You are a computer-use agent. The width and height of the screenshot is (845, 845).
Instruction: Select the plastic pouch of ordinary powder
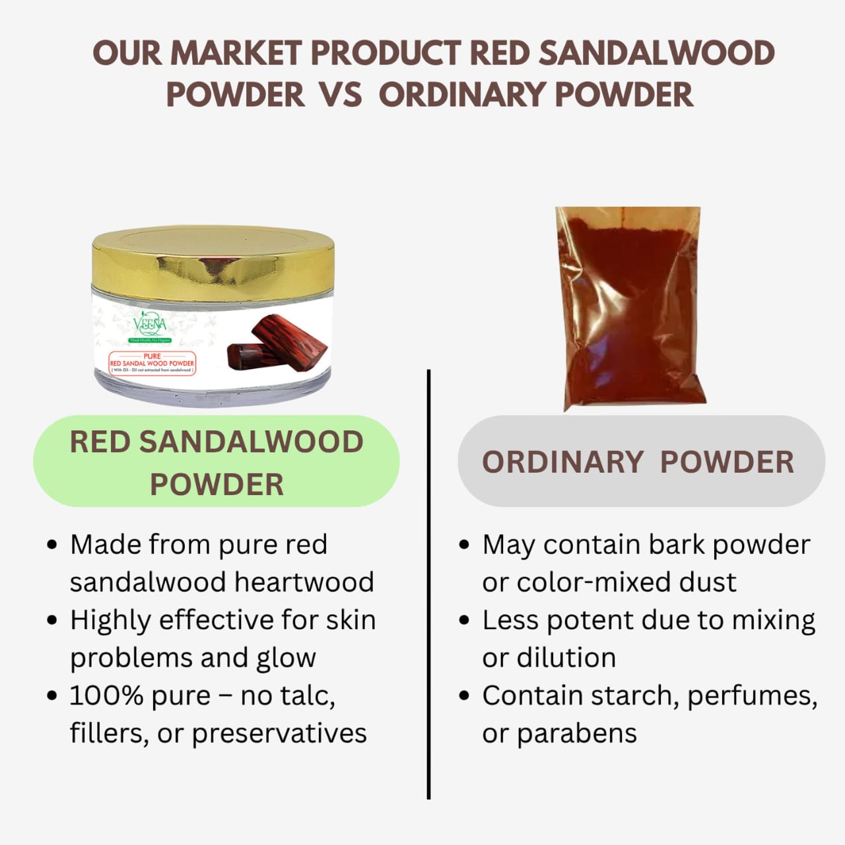(x=630, y=307)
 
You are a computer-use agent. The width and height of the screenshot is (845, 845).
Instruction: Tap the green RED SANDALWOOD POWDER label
(x=217, y=461)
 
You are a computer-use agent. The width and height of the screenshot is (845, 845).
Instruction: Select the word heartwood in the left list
(x=304, y=582)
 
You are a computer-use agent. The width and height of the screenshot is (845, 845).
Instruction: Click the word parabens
(x=576, y=733)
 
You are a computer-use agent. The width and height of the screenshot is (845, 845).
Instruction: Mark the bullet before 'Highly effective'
(x=53, y=621)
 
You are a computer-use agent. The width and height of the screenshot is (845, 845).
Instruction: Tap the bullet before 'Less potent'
(x=465, y=621)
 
